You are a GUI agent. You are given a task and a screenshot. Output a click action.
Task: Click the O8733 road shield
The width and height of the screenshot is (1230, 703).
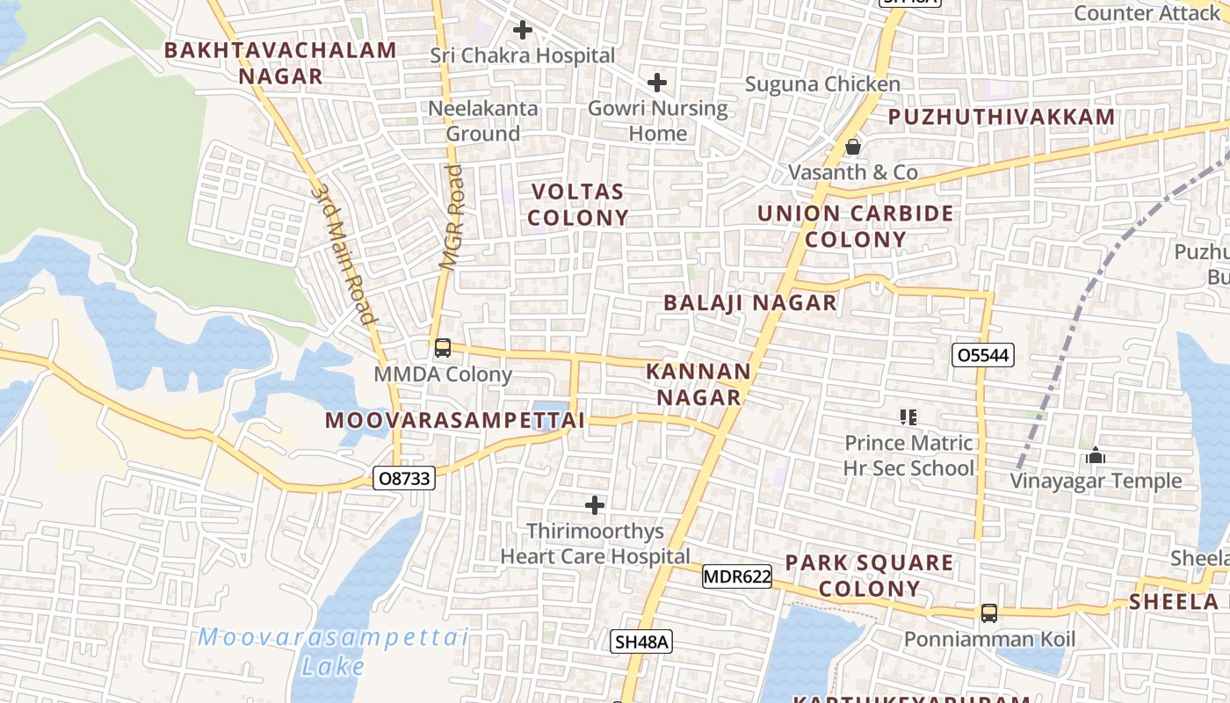point(404,478)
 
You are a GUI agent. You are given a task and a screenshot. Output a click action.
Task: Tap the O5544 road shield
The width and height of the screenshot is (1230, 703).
point(983,355)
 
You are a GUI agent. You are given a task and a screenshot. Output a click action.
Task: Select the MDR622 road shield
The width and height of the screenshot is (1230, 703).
point(736,577)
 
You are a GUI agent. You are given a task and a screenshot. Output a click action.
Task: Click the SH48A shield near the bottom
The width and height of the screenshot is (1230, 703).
point(641,642)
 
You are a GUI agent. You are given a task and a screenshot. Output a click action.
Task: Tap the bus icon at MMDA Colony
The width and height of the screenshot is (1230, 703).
point(443,347)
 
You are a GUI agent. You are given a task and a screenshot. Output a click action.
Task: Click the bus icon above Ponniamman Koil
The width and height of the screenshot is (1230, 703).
point(989,613)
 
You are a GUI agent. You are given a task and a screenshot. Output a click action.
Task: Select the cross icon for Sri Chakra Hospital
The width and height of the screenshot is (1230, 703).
point(523,30)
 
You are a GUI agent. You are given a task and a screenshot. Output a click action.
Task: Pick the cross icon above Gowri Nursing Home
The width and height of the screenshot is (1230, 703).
point(656,83)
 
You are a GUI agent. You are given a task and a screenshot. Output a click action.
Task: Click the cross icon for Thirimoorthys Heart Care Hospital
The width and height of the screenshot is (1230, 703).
point(595,505)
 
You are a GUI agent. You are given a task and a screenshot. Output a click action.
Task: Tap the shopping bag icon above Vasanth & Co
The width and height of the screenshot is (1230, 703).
point(852,147)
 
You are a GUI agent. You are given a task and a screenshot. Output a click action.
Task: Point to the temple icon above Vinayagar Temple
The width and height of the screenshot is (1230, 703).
point(1095,455)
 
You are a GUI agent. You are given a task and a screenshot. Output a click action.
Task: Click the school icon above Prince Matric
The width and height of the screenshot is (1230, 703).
point(908,417)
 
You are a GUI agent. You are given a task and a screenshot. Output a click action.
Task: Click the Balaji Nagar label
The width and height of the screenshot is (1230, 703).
point(749,303)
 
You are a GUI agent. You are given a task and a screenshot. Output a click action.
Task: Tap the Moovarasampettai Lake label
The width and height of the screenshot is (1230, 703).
point(333,651)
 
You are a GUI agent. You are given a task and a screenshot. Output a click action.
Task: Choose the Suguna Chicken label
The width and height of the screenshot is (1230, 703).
point(822,84)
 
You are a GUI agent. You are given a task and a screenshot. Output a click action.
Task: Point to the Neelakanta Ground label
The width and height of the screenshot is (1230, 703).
point(482,121)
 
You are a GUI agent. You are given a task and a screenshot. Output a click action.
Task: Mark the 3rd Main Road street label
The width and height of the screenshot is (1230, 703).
point(344,255)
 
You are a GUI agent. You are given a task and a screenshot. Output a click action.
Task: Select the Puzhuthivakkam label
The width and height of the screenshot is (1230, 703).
point(1001,117)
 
